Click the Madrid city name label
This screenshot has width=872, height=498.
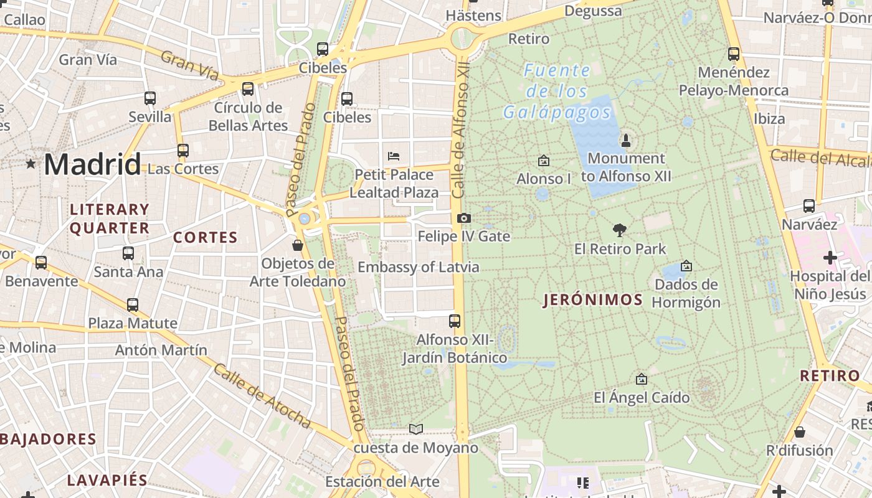click(92, 164)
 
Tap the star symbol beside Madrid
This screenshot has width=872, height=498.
click(31, 164)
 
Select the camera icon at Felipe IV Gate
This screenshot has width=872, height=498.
click(464, 218)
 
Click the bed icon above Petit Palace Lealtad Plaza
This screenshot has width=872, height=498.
click(394, 156)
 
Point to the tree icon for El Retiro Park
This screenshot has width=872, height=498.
click(619, 230)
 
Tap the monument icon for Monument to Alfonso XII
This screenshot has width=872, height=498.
click(626, 140)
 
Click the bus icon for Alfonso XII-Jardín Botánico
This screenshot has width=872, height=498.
click(455, 321)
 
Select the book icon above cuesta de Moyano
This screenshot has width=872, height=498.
click(416, 429)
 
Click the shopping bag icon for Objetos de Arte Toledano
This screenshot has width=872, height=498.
click(298, 245)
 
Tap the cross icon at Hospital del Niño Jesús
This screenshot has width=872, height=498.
click(830, 257)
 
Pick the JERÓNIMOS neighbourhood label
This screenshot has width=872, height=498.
click(593, 300)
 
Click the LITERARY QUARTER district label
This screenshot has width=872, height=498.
click(110, 218)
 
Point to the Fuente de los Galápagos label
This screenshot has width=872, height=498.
click(557, 92)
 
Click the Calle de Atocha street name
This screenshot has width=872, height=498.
click(262, 397)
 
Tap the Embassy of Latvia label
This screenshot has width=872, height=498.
click(418, 268)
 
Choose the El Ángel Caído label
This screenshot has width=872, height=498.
click(642, 397)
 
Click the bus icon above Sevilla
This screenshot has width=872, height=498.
click(150, 98)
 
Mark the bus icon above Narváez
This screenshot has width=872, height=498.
click(809, 205)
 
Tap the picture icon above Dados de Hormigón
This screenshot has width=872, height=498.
click(686, 266)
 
